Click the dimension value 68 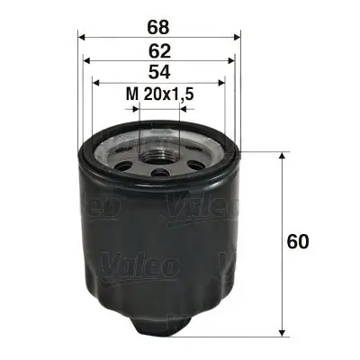click(160, 17)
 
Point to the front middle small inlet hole click(160, 174)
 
